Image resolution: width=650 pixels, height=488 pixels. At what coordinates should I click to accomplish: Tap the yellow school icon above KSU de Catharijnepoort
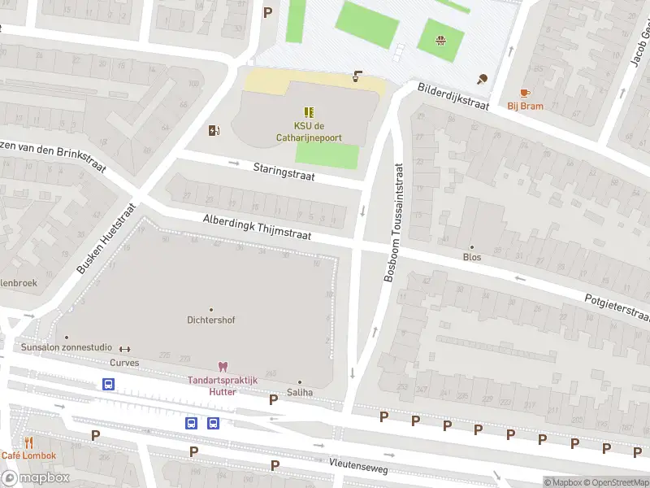(309, 111)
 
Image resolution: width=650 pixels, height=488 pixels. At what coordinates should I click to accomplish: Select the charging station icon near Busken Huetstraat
(214, 130)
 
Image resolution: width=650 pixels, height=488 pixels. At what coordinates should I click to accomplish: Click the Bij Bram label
(525, 106)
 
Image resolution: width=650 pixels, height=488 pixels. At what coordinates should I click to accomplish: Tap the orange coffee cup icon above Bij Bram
(525, 93)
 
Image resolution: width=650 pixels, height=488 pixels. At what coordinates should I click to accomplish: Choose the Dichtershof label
(210, 320)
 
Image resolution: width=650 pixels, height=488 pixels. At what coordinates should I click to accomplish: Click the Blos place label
(472, 257)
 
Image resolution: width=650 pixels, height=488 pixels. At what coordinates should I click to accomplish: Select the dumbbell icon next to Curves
(125, 349)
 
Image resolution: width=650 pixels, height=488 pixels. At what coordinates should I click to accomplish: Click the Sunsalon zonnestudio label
(66, 348)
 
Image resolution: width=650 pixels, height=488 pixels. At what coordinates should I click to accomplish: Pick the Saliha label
(299, 392)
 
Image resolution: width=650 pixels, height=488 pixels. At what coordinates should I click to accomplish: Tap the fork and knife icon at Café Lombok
(28, 443)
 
